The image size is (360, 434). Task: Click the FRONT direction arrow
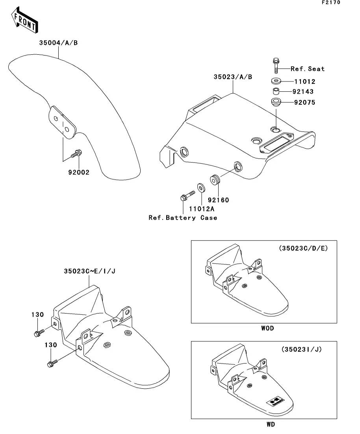25,20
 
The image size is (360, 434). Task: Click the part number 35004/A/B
58,42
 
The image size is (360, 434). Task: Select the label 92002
79,172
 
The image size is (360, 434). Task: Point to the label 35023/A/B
233,77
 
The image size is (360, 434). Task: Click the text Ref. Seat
307,68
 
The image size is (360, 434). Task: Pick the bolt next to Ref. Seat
276,66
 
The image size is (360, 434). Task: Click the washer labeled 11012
276,81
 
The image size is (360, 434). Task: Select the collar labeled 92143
276,91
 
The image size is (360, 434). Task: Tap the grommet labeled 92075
276,102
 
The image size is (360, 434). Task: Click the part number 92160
218,200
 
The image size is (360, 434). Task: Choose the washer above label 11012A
201,188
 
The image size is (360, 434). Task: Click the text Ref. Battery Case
183,218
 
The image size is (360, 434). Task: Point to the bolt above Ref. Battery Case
187,196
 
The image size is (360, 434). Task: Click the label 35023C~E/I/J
89,271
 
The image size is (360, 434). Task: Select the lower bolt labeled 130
52,363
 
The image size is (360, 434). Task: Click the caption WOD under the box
267,328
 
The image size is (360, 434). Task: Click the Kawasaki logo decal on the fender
275,401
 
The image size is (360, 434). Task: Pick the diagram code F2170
331,2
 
